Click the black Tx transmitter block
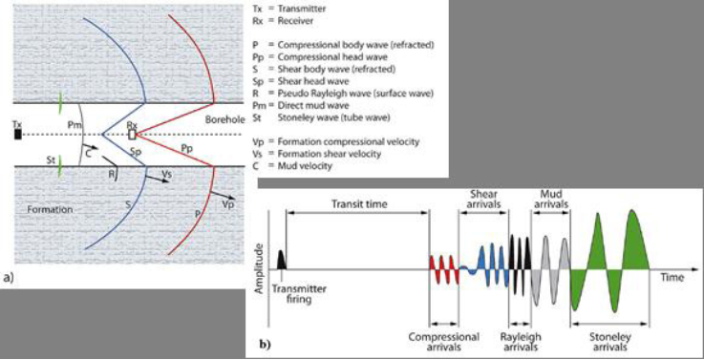[17, 134]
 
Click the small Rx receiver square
[133, 134]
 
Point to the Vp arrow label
[225, 204]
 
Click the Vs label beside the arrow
[166, 175]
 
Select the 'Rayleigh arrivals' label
[523, 342]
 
